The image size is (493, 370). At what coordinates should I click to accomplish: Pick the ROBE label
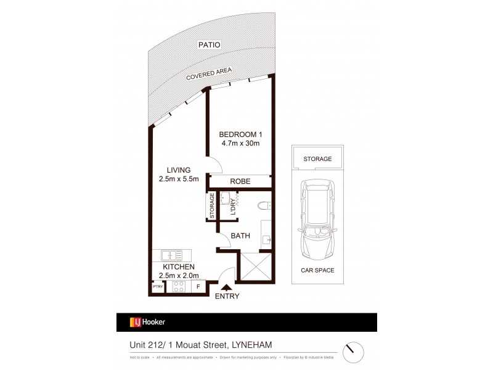pos(239,181)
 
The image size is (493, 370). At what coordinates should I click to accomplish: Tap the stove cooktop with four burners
pos(178,286)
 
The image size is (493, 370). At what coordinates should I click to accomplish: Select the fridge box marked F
pos(198,286)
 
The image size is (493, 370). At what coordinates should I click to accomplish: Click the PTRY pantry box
pos(158,287)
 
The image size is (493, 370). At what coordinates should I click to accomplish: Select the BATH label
pos(240,236)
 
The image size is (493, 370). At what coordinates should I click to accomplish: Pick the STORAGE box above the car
pos(317,158)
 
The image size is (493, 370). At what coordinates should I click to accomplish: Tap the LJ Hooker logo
pos(147,322)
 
